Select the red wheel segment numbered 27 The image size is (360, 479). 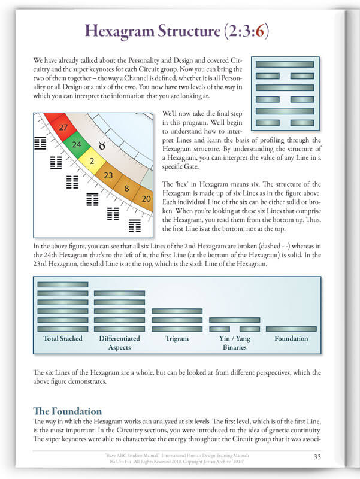click(x=63, y=126)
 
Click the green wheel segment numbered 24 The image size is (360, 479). click(x=77, y=144)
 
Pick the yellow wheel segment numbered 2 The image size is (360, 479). click(x=92, y=161)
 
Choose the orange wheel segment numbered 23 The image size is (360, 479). click(x=108, y=175)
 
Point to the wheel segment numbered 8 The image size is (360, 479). click(x=127, y=188)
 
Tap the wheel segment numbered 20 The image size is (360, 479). click(x=146, y=198)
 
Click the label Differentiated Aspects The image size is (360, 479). click(x=119, y=342)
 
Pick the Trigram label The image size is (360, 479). click(x=177, y=338)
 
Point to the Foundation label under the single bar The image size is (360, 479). click(x=291, y=338)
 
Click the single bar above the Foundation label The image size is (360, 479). click(x=291, y=329)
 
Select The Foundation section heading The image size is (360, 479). click(x=68, y=411)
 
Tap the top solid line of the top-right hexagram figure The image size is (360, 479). click(x=285, y=64)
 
